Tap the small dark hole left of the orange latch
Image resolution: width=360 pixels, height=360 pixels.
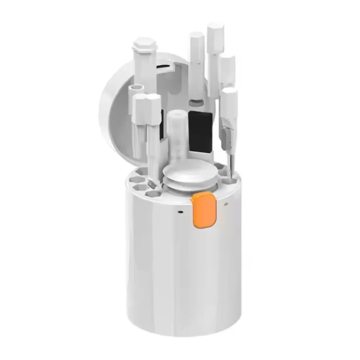click(x=180, y=211)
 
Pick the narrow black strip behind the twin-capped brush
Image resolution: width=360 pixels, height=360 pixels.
click(x=162, y=123)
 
